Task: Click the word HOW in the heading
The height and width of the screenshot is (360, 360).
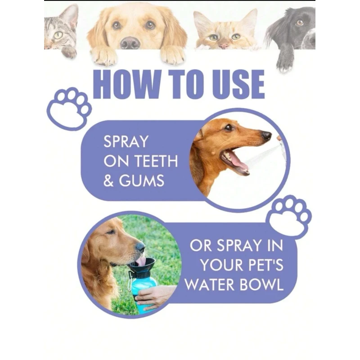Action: [126, 84]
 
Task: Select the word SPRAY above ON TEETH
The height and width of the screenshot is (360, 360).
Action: [126, 142]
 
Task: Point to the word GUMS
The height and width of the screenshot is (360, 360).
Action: [141, 180]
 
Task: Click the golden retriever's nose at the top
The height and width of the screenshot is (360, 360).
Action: [130, 43]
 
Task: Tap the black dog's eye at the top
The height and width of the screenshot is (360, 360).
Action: [300, 22]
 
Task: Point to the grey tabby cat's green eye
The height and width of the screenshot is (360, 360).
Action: [58, 35]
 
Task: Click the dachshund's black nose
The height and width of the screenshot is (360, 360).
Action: [267, 135]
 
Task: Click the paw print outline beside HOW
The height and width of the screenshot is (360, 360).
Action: [69, 108]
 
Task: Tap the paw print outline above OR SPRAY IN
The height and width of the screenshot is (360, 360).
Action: [289, 216]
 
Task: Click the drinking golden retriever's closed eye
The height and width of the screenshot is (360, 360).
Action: [110, 232]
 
